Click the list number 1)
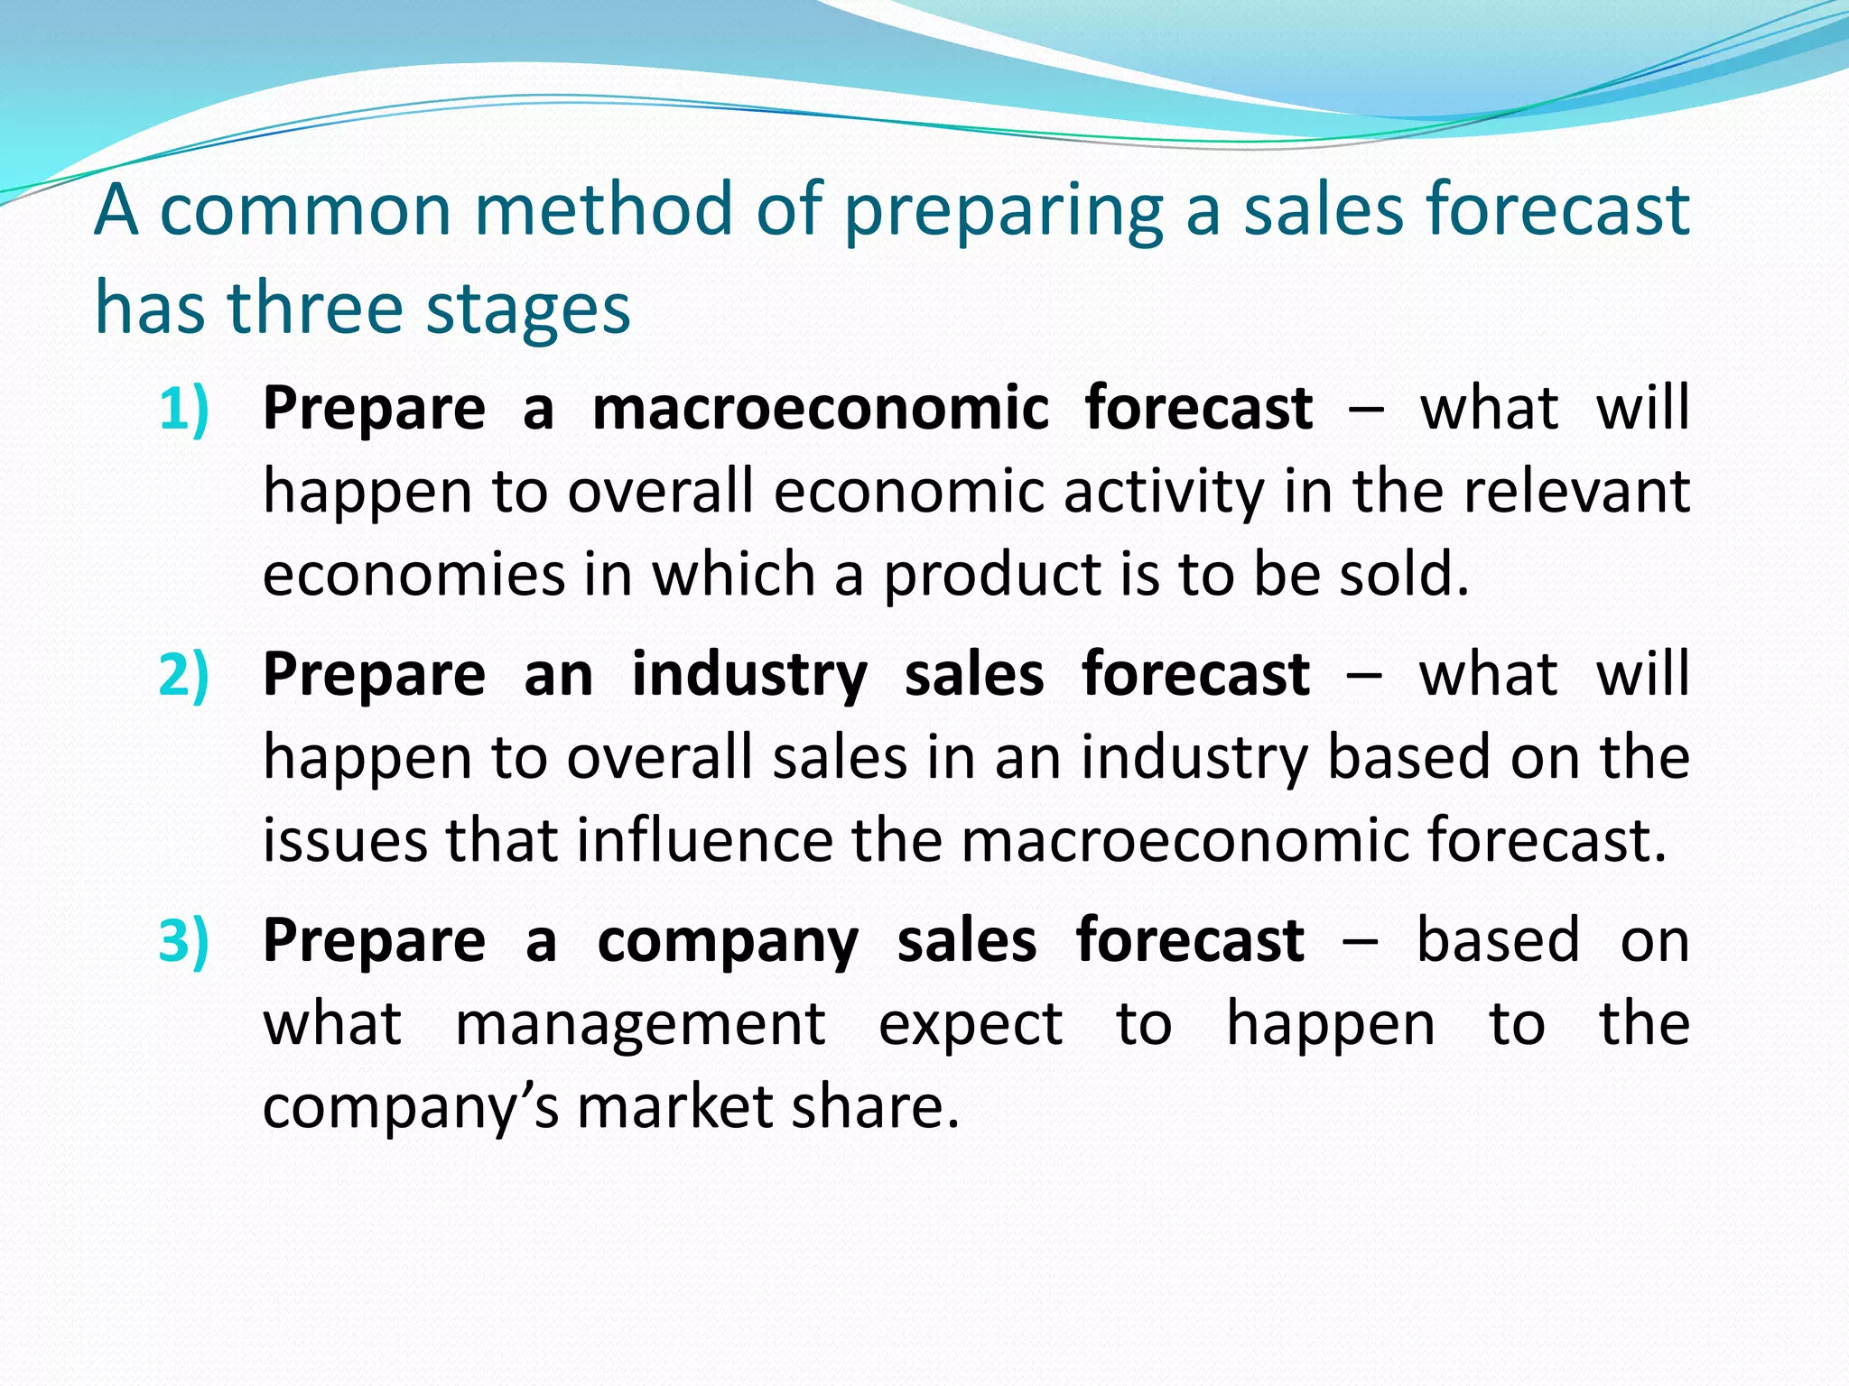point(184,409)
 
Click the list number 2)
point(184,675)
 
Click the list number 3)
point(184,941)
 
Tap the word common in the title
point(305,210)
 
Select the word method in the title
point(603,210)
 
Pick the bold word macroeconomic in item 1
point(820,409)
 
